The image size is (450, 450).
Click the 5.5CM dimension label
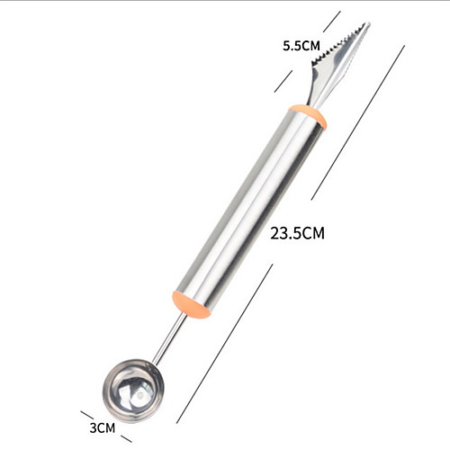click(x=301, y=46)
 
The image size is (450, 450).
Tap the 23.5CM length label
click(x=297, y=233)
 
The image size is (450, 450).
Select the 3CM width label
click(x=103, y=427)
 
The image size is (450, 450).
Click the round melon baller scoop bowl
click(x=133, y=391)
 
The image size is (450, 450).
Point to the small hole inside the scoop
click(x=139, y=397)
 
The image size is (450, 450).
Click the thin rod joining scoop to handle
click(x=169, y=338)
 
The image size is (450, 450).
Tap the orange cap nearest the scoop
click(x=192, y=304)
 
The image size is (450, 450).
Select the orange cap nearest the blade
click(x=307, y=117)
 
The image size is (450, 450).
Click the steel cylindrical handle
click(x=249, y=211)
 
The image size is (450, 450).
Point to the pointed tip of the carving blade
click(x=369, y=22)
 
